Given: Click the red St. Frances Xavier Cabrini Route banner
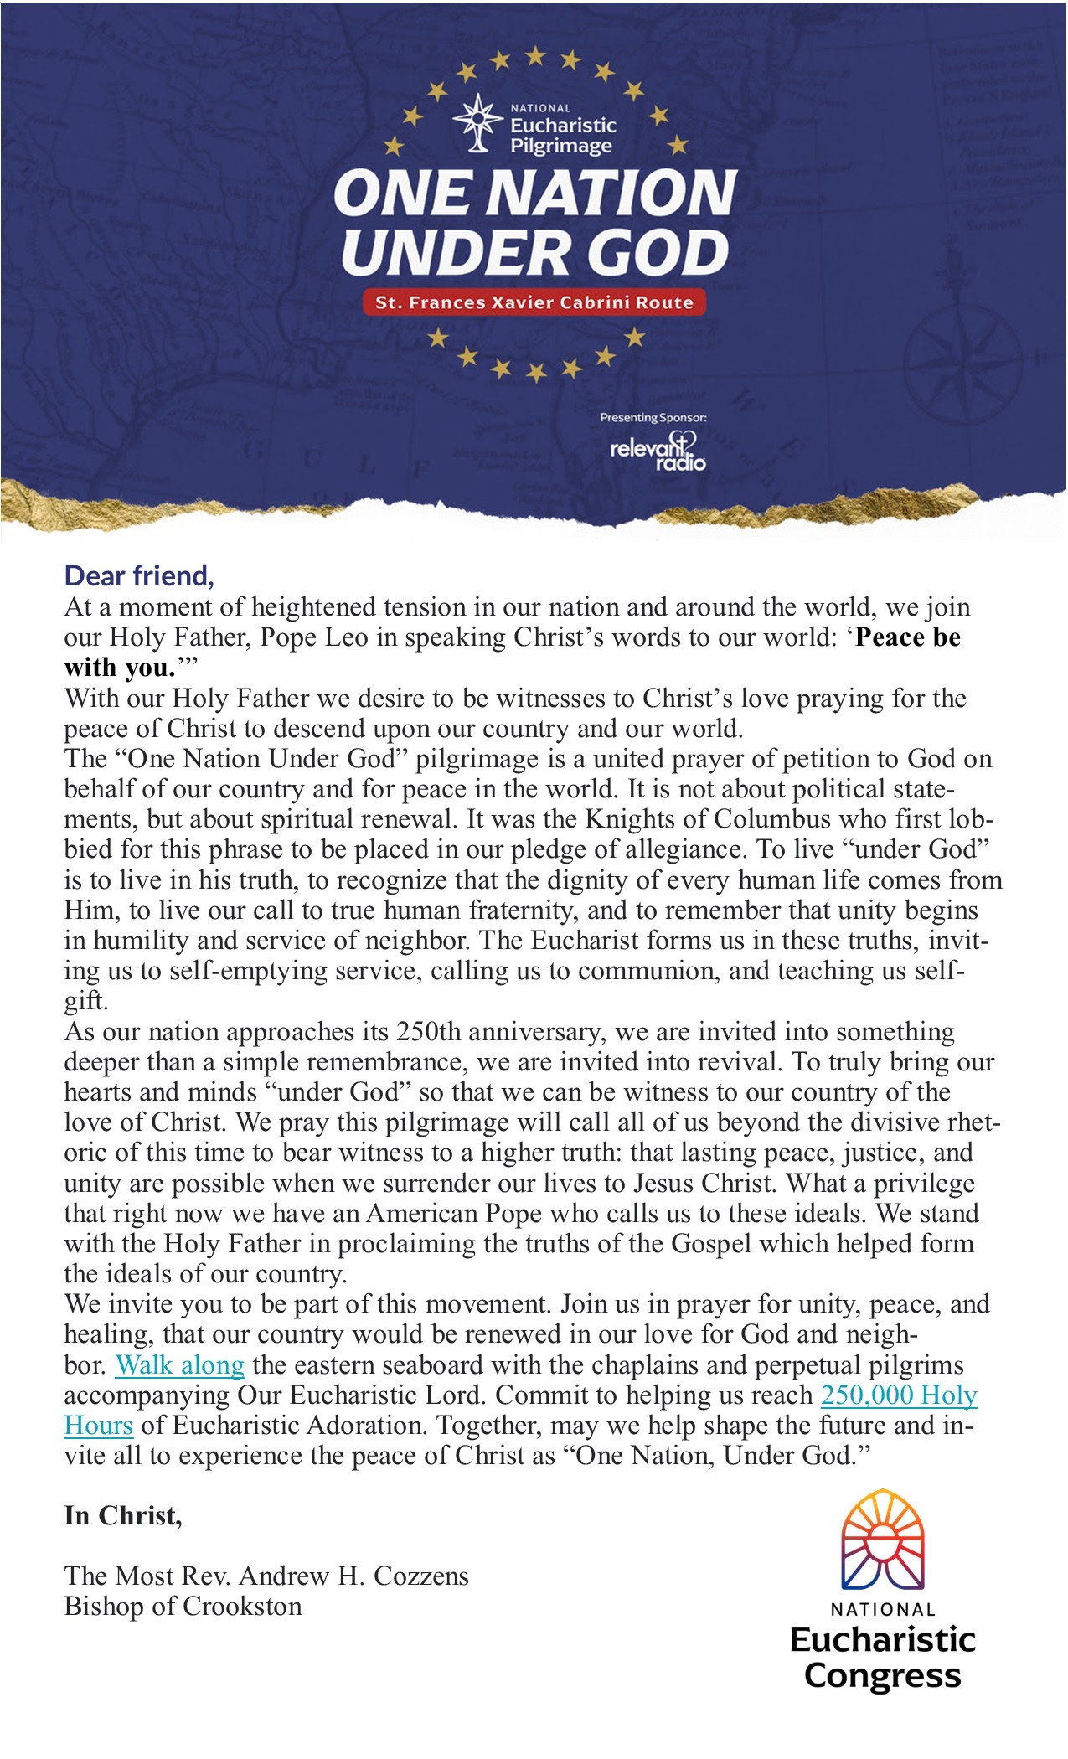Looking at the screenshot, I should [534, 302].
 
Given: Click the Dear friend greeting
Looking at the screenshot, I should [139, 575].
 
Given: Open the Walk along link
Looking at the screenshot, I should [179, 1364].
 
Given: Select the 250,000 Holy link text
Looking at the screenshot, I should [899, 1395].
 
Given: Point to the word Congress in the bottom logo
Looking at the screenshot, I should [882, 1675].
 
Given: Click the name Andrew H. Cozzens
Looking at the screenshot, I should [353, 1576].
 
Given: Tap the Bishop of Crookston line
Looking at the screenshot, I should [183, 1606].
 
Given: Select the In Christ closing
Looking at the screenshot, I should [123, 1515].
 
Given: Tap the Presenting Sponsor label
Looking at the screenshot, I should [653, 417].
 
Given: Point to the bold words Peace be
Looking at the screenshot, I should [907, 637].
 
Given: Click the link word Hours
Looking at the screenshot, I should [99, 1425].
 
